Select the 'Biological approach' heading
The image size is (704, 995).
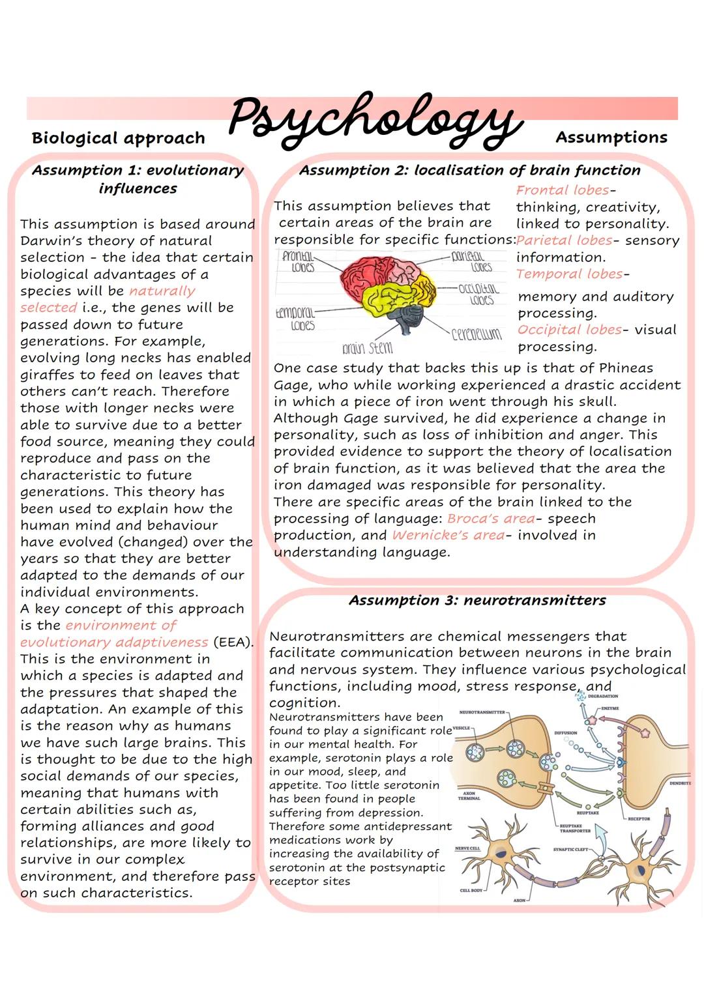118,138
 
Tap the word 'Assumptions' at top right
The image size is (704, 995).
611,137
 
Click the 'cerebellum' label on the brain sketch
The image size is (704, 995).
477,334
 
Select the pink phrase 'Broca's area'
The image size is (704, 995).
490,519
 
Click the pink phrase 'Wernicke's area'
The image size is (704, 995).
448,536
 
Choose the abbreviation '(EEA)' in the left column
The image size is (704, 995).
232,642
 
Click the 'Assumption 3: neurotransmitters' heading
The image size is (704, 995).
477,600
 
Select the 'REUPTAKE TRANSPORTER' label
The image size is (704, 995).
574,828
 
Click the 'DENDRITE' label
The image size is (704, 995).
679,783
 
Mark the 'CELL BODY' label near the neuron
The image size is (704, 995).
471,890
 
